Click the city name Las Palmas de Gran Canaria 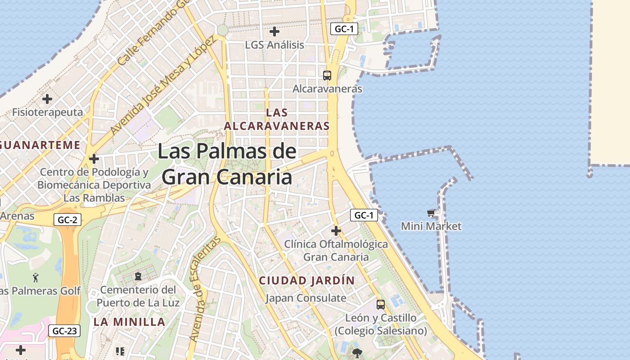click(x=227, y=164)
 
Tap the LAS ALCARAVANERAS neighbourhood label click(x=277, y=119)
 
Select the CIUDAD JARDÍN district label click(x=307, y=280)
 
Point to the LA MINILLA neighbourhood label click(x=130, y=322)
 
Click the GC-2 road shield click(x=67, y=220)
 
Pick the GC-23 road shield click(x=64, y=331)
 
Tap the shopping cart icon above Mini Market click(x=431, y=213)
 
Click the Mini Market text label click(x=431, y=226)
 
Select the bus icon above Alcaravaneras click(x=327, y=76)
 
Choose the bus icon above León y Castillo click(x=381, y=305)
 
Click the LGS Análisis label click(x=274, y=45)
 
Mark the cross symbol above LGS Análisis click(x=274, y=31)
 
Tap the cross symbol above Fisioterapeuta click(x=47, y=99)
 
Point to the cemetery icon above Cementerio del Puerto click(x=138, y=276)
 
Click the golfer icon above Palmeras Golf click(x=36, y=278)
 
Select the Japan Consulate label click(x=306, y=298)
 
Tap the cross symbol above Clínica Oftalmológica click(x=336, y=231)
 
